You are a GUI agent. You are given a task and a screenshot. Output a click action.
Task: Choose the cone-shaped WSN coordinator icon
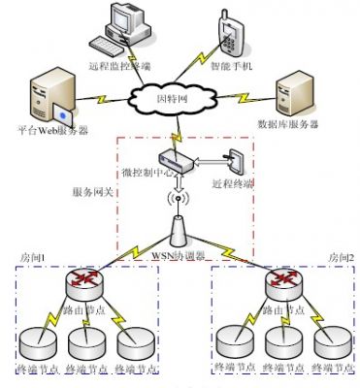[x=178, y=232]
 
